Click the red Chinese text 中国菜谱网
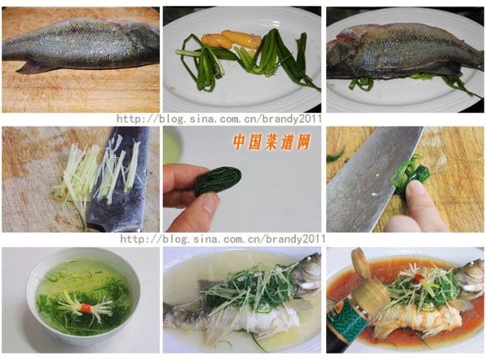271,141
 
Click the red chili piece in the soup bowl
87,306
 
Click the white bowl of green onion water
82,299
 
